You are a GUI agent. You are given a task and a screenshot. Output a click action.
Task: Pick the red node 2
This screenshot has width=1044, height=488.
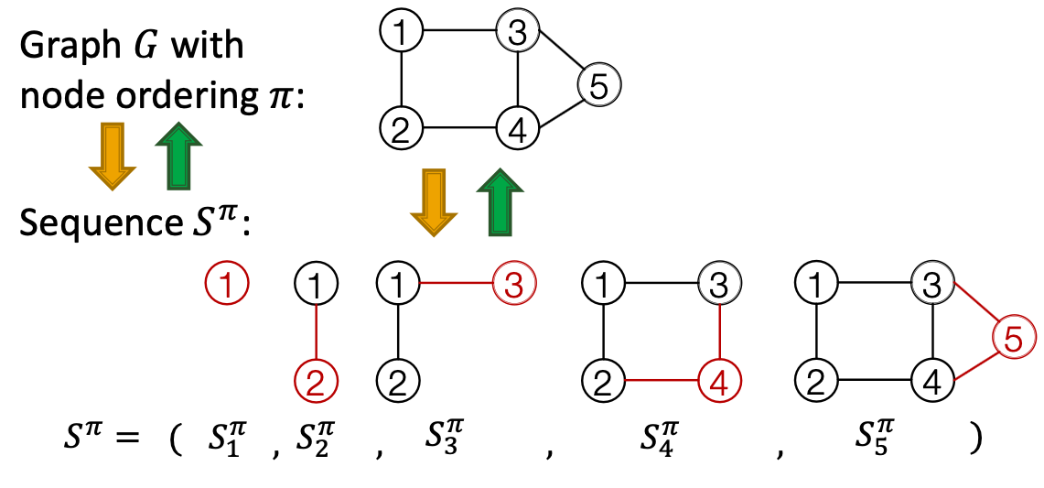point(316,379)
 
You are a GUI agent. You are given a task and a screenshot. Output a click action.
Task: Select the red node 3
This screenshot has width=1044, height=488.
point(513,285)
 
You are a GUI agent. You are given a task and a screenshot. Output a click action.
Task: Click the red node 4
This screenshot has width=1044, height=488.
point(719,379)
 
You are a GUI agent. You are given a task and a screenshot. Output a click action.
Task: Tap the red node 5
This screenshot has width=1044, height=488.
point(1012,339)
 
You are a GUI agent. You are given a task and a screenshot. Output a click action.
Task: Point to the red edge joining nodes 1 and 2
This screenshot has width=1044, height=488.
point(316,331)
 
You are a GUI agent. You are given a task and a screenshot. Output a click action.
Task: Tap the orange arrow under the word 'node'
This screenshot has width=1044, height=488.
point(112,156)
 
